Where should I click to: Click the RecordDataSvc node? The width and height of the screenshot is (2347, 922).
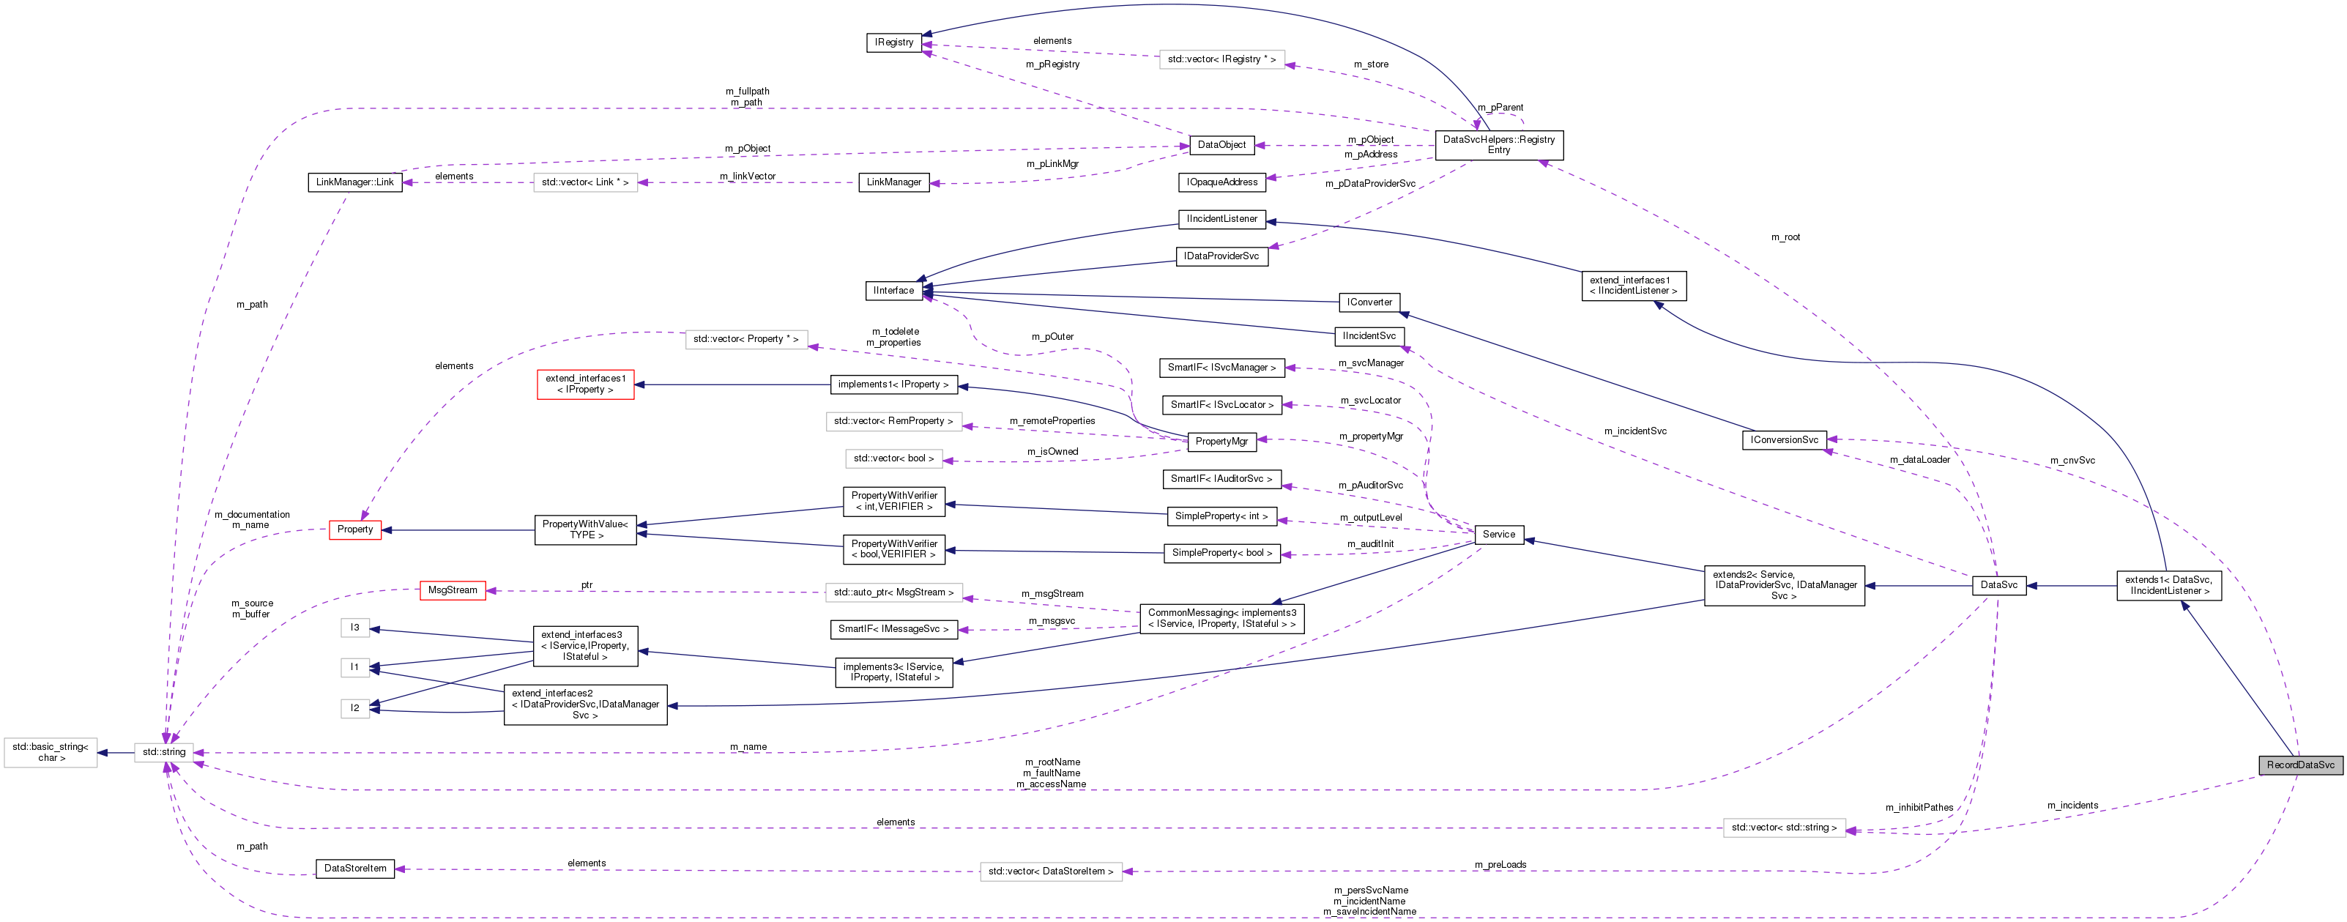(2299, 765)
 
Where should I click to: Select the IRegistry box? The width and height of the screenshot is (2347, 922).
(894, 42)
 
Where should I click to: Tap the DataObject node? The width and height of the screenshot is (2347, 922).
(1221, 145)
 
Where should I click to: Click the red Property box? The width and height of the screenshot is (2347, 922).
(354, 529)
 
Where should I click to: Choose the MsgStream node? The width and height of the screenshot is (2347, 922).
(452, 590)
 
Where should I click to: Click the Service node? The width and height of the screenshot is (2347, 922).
(1498, 535)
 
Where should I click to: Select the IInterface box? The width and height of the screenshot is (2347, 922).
(893, 291)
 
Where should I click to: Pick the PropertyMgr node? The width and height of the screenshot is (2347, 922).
(1221, 442)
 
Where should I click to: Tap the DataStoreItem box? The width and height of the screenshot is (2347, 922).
(354, 869)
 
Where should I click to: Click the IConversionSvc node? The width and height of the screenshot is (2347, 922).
(1784, 440)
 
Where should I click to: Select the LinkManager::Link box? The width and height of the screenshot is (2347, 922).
(354, 182)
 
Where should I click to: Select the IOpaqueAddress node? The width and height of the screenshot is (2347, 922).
(1221, 182)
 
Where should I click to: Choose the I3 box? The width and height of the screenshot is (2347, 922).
(354, 628)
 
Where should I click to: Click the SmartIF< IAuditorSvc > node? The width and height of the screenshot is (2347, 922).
(1221, 479)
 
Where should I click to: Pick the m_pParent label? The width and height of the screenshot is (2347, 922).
(1500, 108)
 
